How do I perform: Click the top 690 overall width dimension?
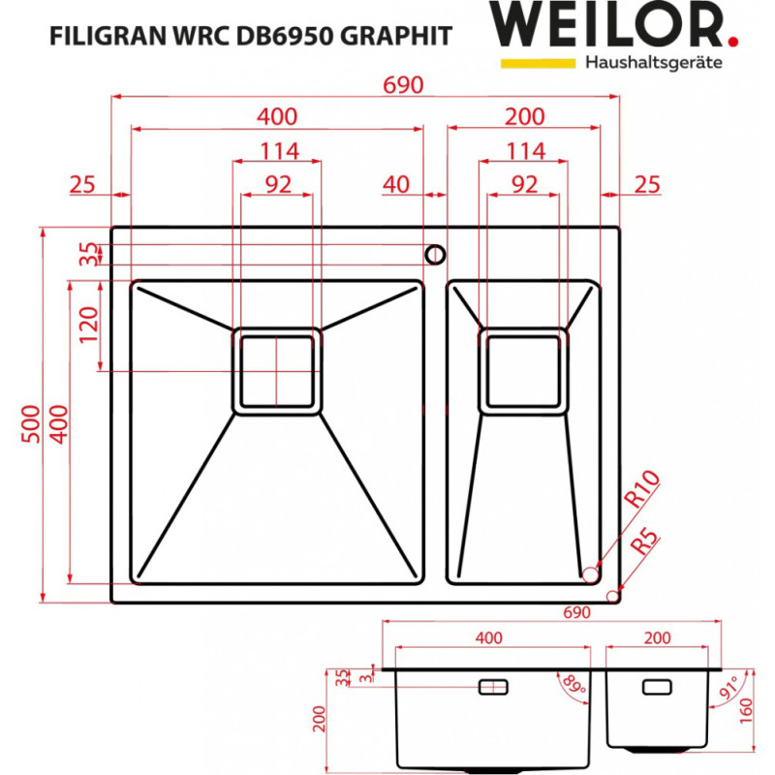click(404, 84)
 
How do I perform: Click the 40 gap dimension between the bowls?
click(395, 183)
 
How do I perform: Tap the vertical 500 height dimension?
click(28, 423)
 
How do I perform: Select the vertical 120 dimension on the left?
click(88, 327)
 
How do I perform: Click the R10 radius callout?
click(640, 490)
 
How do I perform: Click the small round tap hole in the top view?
click(435, 254)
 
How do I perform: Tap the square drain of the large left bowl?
click(276, 371)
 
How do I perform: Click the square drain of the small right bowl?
click(524, 371)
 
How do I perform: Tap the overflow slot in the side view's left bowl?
click(493, 686)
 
